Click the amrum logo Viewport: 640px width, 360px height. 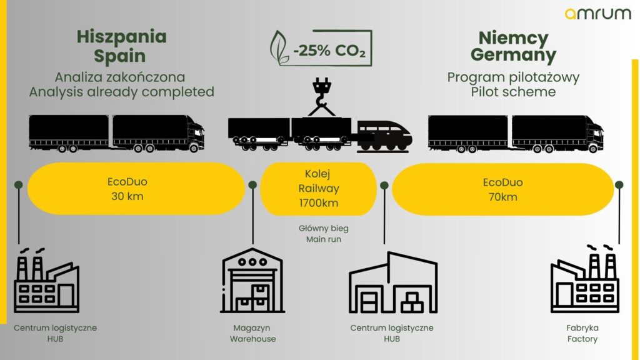[x=598, y=14]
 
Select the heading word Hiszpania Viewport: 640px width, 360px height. [x=122, y=37]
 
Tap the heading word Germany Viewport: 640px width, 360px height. [x=513, y=55]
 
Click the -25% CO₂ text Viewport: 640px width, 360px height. [x=329, y=51]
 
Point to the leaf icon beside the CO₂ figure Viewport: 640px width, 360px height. [x=279, y=47]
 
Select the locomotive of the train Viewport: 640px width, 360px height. [x=384, y=136]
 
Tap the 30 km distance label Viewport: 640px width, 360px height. [x=127, y=196]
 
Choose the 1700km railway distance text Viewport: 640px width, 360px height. [x=318, y=203]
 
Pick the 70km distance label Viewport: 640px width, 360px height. [x=502, y=197]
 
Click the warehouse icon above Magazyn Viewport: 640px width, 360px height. [x=252, y=281]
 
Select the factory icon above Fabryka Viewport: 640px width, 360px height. [x=584, y=278]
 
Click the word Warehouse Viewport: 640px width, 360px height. [x=252, y=339]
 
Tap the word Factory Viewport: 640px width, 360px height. [x=582, y=339]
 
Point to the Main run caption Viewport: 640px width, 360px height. [x=323, y=239]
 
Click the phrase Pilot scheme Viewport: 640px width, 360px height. [x=513, y=92]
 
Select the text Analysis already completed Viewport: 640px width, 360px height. [x=122, y=92]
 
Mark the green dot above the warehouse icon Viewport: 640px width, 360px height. [x=252, y=185]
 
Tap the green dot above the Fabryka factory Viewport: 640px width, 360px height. [x=619, y=185]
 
